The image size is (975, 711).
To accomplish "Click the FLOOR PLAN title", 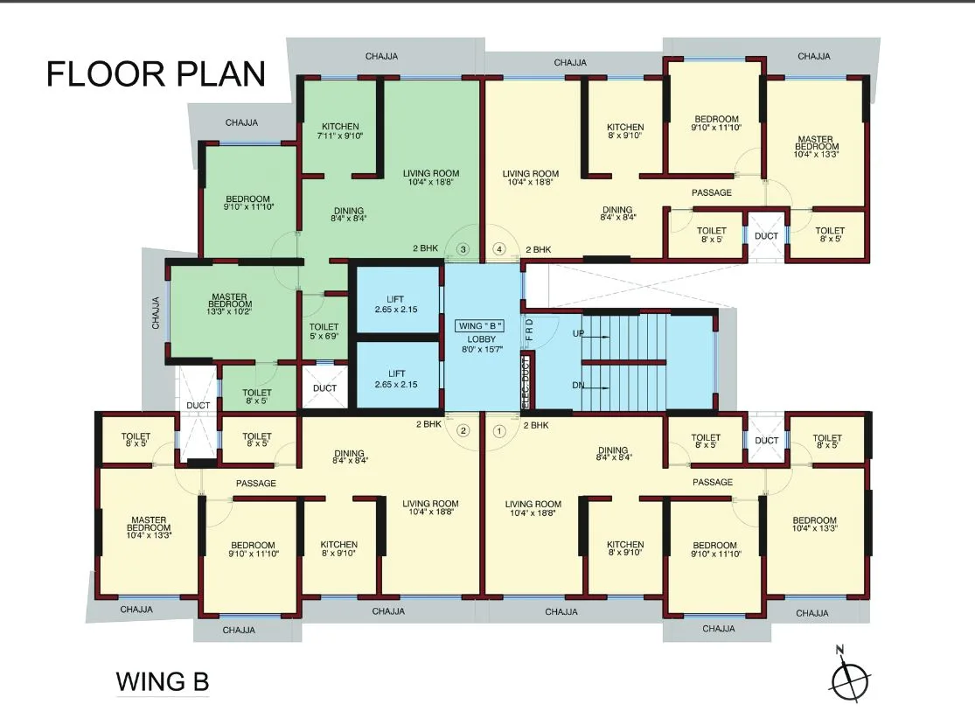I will point(156,73).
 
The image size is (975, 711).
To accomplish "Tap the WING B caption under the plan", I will point(163,680).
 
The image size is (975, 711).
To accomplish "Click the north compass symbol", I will point(849,677).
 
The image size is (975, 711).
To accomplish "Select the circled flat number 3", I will point(463,249).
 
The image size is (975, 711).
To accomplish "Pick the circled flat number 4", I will point(500,249).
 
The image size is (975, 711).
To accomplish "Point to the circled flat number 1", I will point(500,430).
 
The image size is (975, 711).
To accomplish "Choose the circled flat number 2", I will point(463,430).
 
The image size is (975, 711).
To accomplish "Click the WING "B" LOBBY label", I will point(481,337).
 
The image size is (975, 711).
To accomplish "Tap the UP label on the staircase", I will point(578,334).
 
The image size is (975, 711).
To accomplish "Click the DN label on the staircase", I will point(578,386).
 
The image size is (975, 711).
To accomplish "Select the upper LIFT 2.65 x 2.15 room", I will point(396,304).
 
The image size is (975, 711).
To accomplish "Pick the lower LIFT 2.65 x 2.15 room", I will point(396,379).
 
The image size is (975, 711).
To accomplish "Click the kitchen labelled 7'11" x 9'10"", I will point(339,131).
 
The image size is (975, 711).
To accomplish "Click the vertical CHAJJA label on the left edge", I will point(156,312).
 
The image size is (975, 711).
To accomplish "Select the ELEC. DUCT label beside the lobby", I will point(525,382).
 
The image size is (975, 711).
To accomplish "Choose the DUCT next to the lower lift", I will point(324,388).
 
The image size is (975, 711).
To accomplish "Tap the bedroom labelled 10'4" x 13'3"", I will point(814,525).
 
